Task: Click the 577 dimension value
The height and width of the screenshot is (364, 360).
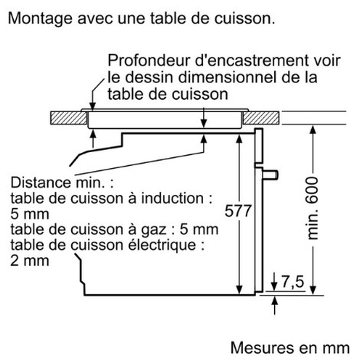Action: pos(238,211)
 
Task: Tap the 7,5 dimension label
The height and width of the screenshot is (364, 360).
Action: pos(292,282)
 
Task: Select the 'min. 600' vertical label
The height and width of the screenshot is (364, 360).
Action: pos(312,208)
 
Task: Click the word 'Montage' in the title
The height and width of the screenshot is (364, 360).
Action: pos(40,19)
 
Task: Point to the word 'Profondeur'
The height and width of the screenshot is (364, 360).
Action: pos(149,60)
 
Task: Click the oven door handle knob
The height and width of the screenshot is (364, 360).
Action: pos(271,175)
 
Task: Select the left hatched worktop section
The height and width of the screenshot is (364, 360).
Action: pos(68,118)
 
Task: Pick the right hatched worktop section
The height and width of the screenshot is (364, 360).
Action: pos(261,118)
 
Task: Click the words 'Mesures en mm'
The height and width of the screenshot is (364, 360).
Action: pos(290,348)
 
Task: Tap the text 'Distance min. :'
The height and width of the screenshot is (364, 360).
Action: pos(62,183)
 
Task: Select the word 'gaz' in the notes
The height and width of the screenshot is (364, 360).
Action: pos(154,230)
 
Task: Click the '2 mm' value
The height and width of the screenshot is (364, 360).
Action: pos(30,261)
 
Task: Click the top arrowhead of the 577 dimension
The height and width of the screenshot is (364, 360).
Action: pos(239,139)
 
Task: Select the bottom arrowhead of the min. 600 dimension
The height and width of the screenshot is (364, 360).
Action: pos(313,290)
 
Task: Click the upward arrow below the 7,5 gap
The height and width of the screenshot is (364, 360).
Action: pos(274,305)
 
